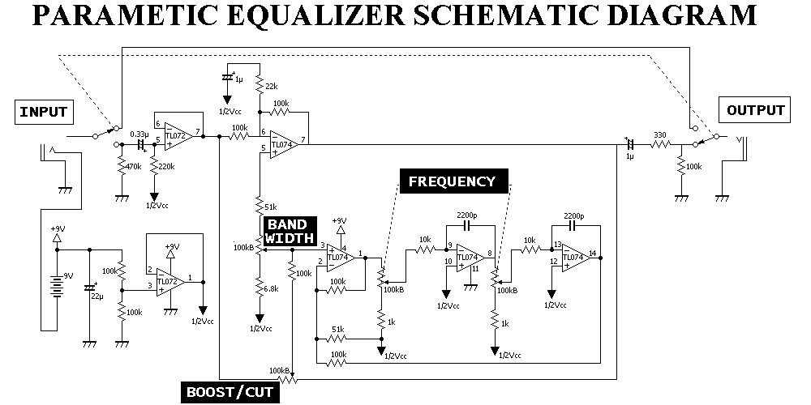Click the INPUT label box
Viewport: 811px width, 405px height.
[43, 111]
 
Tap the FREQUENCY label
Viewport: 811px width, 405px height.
[452, 181]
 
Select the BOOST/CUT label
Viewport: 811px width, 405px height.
[229, 394]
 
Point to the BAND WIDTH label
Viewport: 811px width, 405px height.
[287, 230]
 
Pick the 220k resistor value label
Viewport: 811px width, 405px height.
[167, 167]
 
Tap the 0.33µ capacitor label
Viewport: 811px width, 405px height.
[139, 134]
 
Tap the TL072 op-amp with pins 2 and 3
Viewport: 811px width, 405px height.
[169, 282]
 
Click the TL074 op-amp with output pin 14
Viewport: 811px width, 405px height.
[575, 256]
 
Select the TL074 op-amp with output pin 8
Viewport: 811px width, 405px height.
[467, 257]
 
